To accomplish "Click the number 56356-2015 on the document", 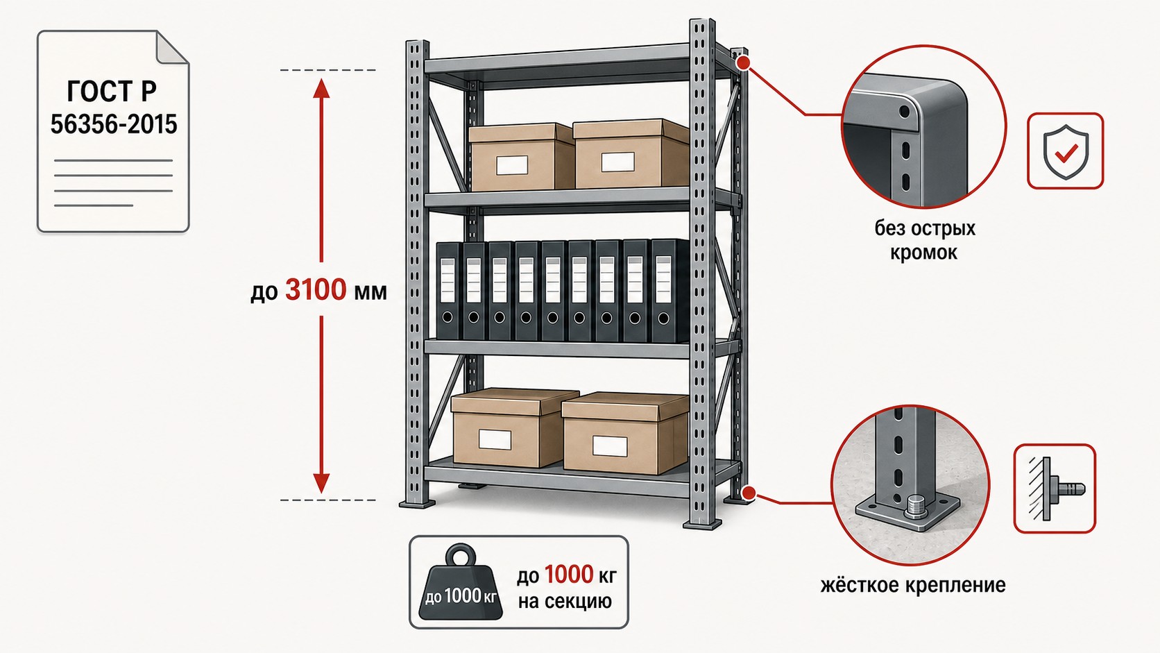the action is click(113, 124).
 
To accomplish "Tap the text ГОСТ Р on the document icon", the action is click(112, 91).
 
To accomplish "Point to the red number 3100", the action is click(316, 289).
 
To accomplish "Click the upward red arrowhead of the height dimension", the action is click(322, 88).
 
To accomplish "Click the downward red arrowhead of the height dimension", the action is click(322, 483).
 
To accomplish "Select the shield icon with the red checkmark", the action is click(1065, 151).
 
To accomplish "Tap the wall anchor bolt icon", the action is click(1055, 489).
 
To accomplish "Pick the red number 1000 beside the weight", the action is click(569, 575).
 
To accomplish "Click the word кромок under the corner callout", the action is click(923, 253).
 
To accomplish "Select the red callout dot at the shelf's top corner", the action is click(744, 63).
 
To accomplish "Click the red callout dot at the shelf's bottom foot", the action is click(748, 493).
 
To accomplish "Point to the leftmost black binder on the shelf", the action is click(449, 291).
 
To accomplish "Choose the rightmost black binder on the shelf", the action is click(665, 291).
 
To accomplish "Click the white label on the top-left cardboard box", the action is click(511, 164).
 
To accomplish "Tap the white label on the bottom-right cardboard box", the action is click(610, 446).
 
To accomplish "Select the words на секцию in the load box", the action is click(565, 602).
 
